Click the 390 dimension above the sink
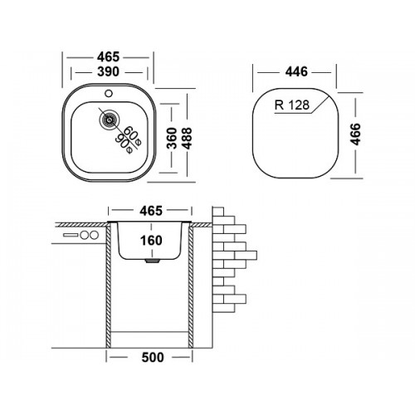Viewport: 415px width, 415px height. point(108,72)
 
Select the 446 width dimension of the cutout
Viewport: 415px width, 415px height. point(296,72)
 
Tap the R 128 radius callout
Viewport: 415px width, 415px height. point(292,105)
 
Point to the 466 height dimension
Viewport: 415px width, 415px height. point(355,134)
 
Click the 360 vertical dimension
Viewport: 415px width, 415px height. point(172,138)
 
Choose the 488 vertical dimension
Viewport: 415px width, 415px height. point(188,138)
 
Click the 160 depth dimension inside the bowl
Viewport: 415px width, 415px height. point(151,241)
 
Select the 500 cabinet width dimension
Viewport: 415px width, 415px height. point(153,357)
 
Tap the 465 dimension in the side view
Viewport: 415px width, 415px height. point(151,211)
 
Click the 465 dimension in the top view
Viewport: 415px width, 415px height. point(108,57)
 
